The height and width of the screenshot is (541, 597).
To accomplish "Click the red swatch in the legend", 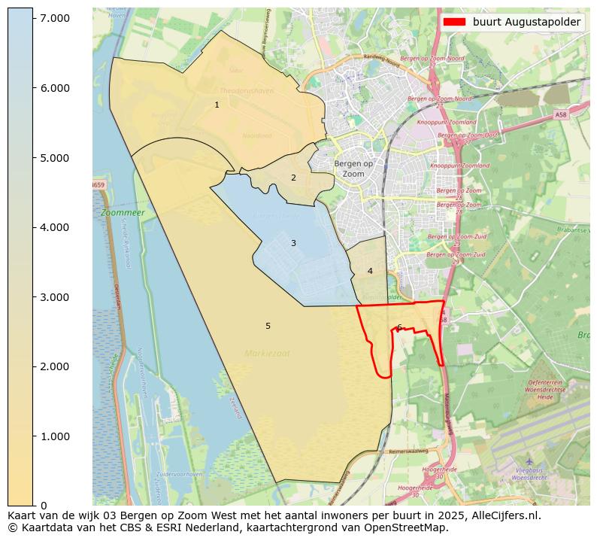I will [456, 22].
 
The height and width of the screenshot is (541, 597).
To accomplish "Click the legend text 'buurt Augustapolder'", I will [526, 22].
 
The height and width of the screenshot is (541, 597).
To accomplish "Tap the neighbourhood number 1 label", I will [217, 105].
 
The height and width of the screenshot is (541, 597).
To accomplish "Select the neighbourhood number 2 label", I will [293, 178].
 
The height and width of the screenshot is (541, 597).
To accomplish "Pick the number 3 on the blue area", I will [293, 243].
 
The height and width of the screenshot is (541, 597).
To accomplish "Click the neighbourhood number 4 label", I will [370, 271].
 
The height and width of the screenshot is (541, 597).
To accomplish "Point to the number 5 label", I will [268, 326].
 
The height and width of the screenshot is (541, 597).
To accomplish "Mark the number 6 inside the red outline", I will [399, 327].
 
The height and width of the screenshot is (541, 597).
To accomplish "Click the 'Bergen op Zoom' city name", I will [353, 169].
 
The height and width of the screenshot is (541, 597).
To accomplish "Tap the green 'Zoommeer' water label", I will [123, 213].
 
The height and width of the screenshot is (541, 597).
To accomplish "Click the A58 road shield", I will [561, 114].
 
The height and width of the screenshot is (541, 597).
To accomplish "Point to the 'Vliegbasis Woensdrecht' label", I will [529, 474].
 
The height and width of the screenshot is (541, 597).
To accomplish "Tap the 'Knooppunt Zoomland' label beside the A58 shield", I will [453, 122].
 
